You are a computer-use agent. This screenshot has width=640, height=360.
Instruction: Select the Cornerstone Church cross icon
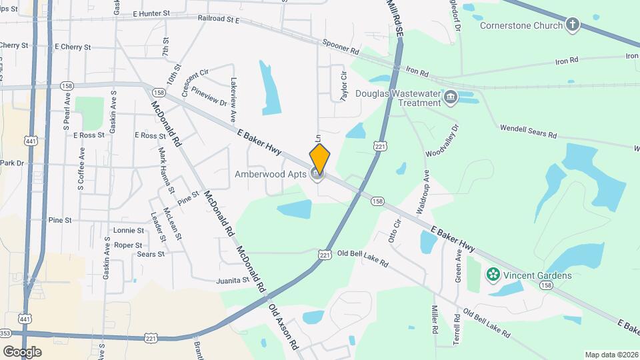[571, 26]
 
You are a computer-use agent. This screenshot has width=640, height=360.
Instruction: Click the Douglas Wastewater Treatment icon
[451, 98]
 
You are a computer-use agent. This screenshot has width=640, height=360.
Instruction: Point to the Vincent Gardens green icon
[493, 275]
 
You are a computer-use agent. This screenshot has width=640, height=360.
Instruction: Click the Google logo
[21, 351]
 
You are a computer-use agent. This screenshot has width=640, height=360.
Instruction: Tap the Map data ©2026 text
[611, 354]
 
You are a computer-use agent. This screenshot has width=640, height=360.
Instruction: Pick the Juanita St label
[232, 281]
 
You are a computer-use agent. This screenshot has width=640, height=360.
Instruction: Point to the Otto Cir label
[393, 231]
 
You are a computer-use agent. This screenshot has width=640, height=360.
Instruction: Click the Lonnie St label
[129, 230]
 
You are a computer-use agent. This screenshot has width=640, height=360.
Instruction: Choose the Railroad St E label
[218, 20]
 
